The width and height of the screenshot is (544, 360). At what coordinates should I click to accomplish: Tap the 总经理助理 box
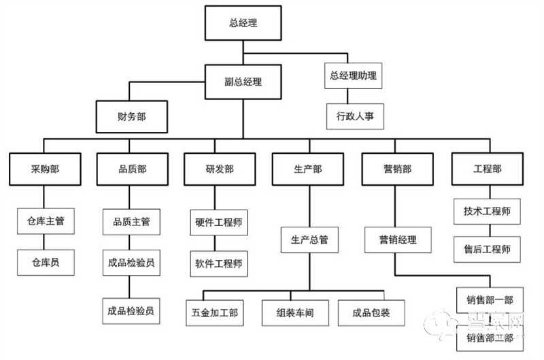pyautogui.click(x=353, y=75)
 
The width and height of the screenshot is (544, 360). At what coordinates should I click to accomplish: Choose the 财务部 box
pyautogui.click(x=131, y=117)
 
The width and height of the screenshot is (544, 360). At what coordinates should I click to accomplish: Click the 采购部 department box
pyautogui.click(x=44, y=169)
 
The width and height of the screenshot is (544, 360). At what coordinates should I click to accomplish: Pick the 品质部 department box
pyautogui.click(x=131, y=169)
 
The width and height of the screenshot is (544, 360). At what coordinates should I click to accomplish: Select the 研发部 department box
pyautogui.click(x=219, y=169)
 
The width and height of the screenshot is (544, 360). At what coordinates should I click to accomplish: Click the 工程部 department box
pyautogui.click(x=487, y=169)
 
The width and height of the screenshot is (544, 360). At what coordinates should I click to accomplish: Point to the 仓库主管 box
pyautogui.click(x=45, y=221)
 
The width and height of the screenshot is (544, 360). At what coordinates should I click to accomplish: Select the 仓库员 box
pyautogui.click(x=45, y=262)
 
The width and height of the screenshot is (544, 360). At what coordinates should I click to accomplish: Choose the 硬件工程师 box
pyautogui.click(x=219, y=222)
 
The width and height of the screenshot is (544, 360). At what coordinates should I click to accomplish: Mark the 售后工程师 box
pyautogui.click(x=487, y=248)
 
